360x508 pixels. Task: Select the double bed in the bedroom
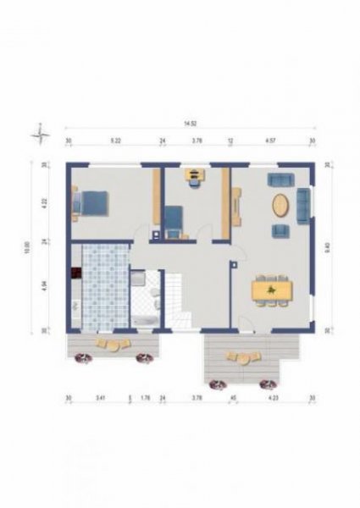91,202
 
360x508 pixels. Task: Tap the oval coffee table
280,205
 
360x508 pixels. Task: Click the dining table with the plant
273,290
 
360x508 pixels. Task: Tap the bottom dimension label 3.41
100,397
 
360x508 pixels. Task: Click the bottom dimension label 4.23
273,397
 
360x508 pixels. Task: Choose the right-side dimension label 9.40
328,247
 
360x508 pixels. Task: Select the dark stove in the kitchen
75,273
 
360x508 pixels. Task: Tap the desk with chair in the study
196,176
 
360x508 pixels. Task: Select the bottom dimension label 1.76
145,397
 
